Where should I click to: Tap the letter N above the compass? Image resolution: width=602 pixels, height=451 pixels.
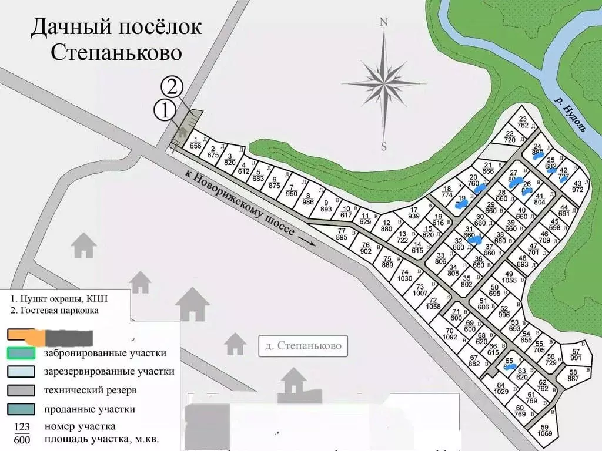coord(384,23)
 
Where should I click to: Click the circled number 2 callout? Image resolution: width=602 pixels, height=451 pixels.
coord(172,87)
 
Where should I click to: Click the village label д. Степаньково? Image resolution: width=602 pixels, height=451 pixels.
coord(303,346)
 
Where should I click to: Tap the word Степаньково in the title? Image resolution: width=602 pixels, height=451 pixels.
coord(116,52)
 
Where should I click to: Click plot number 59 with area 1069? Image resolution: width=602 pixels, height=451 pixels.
coord(545,430)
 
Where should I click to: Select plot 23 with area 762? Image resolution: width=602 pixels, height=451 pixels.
coord(523,122)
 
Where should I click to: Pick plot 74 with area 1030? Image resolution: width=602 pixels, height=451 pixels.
coord(404,275)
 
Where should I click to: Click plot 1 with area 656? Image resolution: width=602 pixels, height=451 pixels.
coord(195,143)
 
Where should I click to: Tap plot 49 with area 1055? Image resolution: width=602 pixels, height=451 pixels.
coord(509,277)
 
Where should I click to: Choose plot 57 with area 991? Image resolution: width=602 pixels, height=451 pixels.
coord(576,355)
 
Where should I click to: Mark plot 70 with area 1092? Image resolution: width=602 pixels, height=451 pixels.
coord(450,334)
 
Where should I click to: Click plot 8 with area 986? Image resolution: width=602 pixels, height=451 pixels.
coord(308,198)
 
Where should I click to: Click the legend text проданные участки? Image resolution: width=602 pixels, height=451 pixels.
coord(90,409)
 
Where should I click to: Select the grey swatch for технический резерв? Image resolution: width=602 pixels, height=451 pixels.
coord(24,391)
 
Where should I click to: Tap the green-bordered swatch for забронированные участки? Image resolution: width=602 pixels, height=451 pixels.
coord(24,354)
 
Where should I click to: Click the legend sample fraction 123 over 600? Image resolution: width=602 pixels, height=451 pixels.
coord(21,432)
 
